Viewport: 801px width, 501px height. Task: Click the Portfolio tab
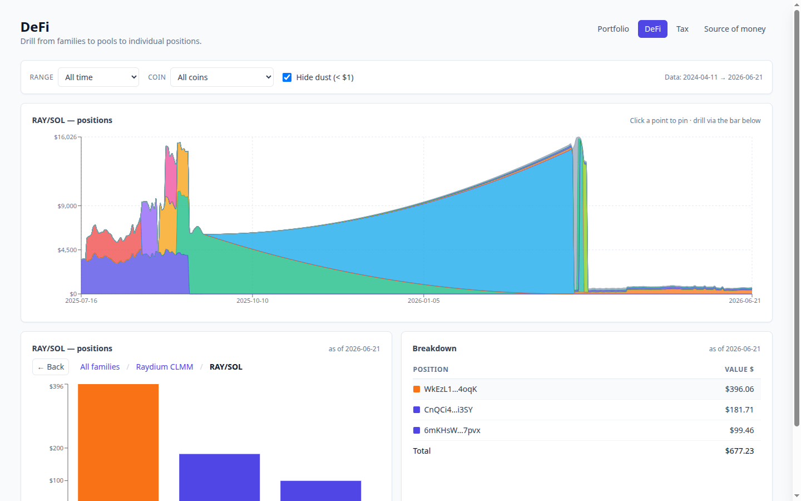click(x=613, y=29)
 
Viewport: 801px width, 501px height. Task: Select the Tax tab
click(x=683, y=29)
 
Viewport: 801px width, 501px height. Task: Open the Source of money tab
click(x=734, y=29)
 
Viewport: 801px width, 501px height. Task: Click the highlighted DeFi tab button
click(x=652, y=29)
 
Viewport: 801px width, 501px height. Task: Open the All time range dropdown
click(x=98, y=77)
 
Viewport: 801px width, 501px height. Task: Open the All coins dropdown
click(x=222, y=77)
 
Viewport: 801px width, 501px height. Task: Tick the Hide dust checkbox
click(x=287, y=77)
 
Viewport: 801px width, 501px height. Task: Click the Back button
click(x=51, y=367)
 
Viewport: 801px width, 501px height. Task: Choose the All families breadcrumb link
click(x=100, y=367)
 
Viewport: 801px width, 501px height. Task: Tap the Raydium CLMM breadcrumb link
click(x=165, y=367)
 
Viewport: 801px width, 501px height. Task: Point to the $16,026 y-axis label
click(x=66, y=137)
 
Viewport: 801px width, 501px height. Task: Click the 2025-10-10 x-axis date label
click(x=253, y=301)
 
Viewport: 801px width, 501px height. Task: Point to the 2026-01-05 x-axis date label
click(x=424, y=301)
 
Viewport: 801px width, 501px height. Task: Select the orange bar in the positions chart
click(x=118, y=443)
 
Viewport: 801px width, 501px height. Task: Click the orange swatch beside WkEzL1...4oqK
click(x=417, y=389)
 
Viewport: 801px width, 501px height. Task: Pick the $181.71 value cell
click(x=739, y=410)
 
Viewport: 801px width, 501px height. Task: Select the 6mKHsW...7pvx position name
click(x=452, y=430)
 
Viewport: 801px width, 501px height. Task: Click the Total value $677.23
click(x=739, y=451)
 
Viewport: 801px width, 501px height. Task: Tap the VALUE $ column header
click(x=739, y=369)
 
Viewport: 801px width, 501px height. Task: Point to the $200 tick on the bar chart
click(x=57, y=448)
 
